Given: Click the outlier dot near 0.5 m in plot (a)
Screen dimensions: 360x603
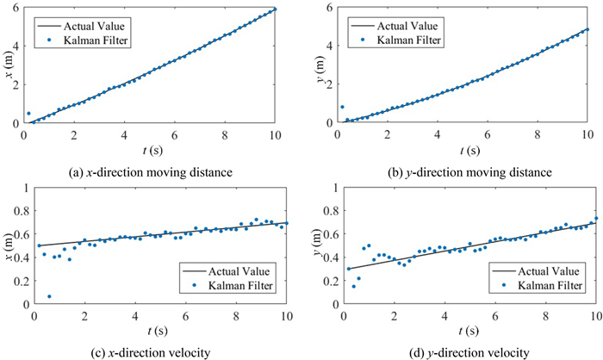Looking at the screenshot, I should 28,114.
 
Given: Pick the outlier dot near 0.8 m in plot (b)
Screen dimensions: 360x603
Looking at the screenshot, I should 342,107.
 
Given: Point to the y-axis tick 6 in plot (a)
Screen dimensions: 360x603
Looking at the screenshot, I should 16,9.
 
